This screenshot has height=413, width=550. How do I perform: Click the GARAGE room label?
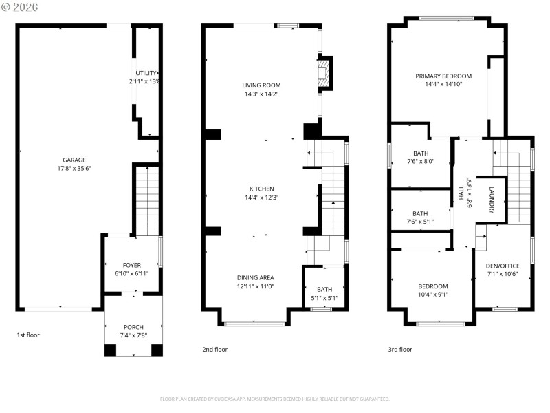click(75, 159)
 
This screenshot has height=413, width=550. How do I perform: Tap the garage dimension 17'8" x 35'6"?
click(75, 168)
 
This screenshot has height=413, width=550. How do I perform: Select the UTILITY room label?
click(146, 73)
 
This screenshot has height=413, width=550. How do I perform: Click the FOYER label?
click(132, 265)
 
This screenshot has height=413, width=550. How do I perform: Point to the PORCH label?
click(133, 327)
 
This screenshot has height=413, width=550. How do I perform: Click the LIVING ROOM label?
click(261, 85)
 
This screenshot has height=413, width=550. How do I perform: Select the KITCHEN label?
click(261, 189)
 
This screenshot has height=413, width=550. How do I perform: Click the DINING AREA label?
click(256, 277)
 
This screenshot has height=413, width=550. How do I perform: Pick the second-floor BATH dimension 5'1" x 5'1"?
click(324, 298)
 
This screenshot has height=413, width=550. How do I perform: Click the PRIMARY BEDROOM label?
click(443, 76)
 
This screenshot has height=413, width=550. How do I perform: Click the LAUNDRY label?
click(492, 200)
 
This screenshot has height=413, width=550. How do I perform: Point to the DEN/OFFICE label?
click(503, 266)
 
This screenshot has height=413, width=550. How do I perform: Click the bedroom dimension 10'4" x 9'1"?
click(433, 295)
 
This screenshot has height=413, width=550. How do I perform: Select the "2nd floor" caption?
click(214, 350)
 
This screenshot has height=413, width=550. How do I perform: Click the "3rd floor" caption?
click(400, 350)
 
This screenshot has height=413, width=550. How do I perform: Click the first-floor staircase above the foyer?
click(146, 200)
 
